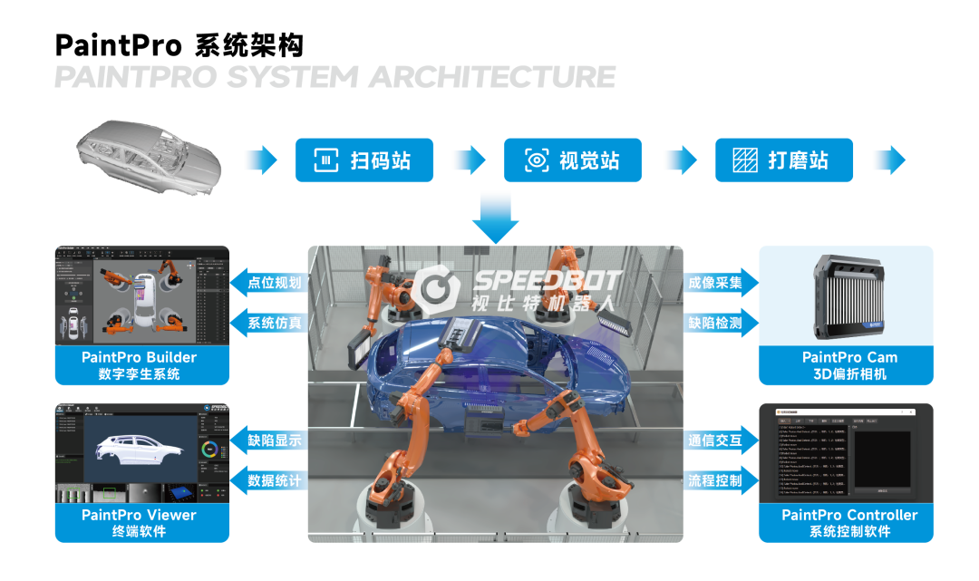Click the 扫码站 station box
click(363, 160)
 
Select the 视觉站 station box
click(573, 160)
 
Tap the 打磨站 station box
click(784, 160)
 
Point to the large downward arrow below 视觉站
click(496, 217)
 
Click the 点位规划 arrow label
click(271, 283)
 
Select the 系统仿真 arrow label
click(271, 322)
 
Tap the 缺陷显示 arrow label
click(271, 441)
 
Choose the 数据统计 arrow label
click(271, 480)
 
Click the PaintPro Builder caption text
click(139, 357)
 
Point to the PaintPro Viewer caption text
click(139, 515)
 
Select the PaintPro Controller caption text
click(849, 515)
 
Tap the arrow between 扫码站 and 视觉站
click(469, 160)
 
